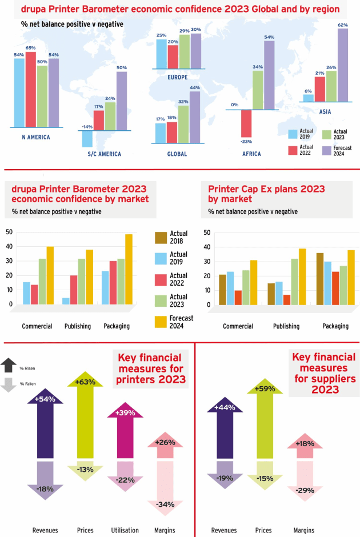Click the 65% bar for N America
[x=30, y=89]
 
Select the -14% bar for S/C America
[x=87, y=139]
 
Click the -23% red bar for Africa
[x=246, y=123]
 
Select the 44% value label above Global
[x=195, y=87]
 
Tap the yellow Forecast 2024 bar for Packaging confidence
[x=129, y=269]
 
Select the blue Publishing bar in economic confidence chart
[x=66, y=301]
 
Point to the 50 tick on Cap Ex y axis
[x=206, y=233]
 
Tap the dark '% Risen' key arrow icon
[x=9, y=364]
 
